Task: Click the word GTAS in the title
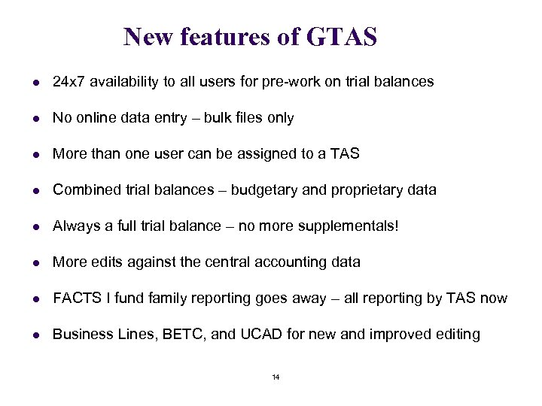coord(342,36)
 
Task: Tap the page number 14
coord(276,377)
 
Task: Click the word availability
coord(123,81)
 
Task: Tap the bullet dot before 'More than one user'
coord(29,154)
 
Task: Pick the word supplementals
coord(348,226)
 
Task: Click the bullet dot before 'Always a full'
coord(29,226)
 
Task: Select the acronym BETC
coord(179,334)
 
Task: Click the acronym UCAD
coord(262,334)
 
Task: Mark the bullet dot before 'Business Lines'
coord(29,335)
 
